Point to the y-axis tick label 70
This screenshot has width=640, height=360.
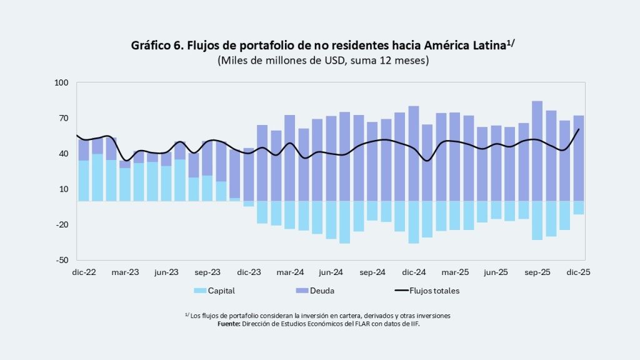(62, 118)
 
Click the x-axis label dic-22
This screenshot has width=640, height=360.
(83, 272)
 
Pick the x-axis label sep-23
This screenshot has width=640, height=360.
(207, 272)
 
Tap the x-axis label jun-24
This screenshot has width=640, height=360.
(331, 272)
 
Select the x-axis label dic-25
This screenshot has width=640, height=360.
(578, 272)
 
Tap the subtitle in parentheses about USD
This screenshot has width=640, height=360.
(322, 61)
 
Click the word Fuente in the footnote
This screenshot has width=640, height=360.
(230, 324)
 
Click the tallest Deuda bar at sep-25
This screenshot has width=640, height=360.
(537, 150)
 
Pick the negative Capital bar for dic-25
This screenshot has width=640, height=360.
(578, 207)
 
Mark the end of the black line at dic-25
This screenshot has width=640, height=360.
(579, 129)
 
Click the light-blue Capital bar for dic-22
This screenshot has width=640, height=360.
(84, 181)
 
